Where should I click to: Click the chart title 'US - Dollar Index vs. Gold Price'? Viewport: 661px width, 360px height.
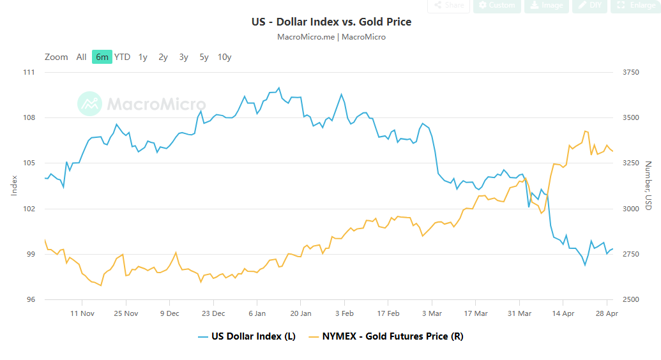331,22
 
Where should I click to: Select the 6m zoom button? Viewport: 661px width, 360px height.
102,57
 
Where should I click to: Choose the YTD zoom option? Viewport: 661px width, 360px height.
122,57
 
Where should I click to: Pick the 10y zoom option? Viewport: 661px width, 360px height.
224,57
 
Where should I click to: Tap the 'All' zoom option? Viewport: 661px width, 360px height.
81,57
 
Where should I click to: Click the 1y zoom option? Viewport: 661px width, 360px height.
142,57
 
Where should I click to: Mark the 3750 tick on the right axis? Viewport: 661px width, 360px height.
630,72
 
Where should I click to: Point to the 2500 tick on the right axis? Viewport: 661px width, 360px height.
630,299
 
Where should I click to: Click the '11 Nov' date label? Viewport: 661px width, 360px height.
82,313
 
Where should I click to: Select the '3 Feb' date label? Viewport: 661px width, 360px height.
344,313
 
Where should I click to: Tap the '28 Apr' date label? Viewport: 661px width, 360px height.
606,313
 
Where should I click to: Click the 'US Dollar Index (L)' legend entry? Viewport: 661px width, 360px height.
253,336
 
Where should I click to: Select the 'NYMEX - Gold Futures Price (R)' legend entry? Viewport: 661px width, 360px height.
392,336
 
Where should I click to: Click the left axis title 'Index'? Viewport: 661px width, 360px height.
15,185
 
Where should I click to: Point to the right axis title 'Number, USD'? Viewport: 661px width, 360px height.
648,185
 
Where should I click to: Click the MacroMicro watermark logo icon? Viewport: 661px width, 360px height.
89,103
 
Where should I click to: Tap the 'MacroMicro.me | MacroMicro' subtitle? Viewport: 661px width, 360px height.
331,37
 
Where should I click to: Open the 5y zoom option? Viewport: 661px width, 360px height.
204,57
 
